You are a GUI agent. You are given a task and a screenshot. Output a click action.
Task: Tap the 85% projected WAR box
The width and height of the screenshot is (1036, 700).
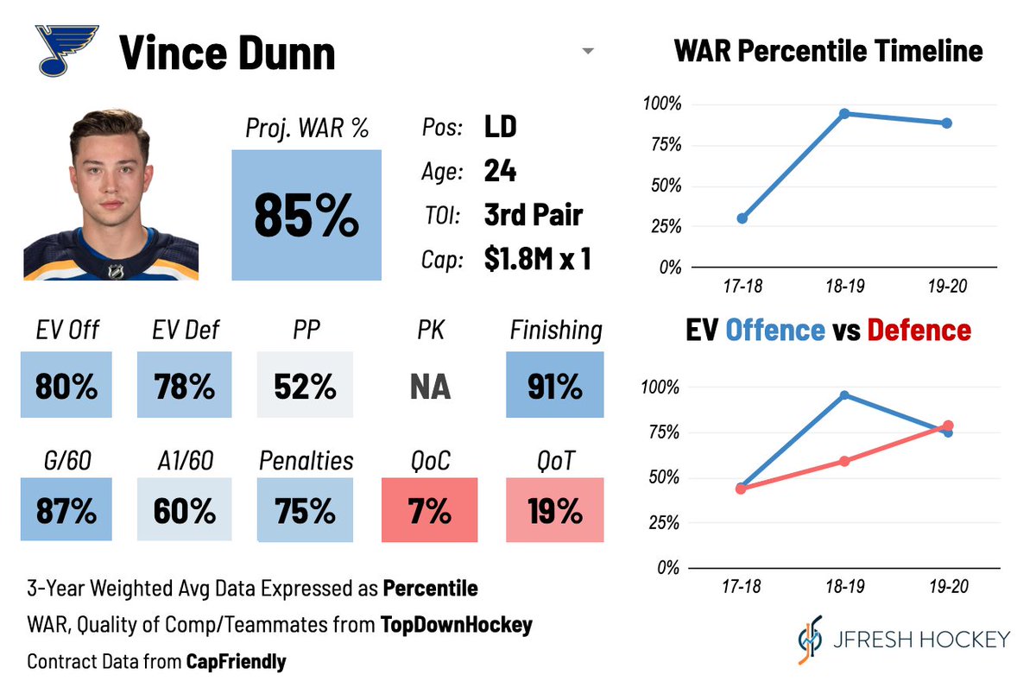click(x=306, y=215)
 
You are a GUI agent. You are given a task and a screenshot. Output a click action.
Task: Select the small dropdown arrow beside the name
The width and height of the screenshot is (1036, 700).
click(x=588, y=51)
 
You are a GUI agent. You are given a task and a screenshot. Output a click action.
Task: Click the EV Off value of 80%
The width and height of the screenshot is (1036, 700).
click(x=67, y=387)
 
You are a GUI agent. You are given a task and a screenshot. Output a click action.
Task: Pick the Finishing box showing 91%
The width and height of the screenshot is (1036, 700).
click(x=555, y=387)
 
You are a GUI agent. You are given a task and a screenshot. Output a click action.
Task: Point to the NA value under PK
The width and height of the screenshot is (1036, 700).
click(x=430, y=387)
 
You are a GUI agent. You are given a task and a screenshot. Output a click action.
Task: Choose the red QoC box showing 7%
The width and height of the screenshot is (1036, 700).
click(x=430, y=511)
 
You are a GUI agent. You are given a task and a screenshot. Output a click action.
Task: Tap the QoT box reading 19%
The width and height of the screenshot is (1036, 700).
click(x=555, y=511)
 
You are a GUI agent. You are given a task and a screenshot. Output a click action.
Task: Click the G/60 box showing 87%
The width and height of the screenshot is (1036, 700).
click(x=67, y=511)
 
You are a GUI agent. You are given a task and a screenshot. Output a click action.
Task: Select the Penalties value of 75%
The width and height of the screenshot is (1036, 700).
click(x=306, y=511)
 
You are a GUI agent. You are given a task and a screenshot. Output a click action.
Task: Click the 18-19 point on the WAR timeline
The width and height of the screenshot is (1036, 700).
click(x=844, y=113)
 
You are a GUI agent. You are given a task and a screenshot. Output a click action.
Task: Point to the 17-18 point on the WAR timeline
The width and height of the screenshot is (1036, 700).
click(x=742, y=218)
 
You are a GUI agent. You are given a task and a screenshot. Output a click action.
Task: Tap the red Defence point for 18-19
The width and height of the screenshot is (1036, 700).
click(x=844, y=461)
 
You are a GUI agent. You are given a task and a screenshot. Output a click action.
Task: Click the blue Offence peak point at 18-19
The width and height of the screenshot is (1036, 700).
click(x=844, y=395)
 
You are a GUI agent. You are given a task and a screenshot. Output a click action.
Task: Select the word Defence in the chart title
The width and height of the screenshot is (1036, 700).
click(x=919, y=330)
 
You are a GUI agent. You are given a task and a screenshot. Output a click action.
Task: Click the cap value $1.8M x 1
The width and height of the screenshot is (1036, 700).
click(x=537, y=260)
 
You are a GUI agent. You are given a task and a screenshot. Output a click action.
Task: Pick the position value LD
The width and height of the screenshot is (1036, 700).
click(x=500, y=128)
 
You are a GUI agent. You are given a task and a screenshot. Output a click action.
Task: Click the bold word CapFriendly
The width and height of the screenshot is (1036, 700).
click(x=236, y=662)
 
